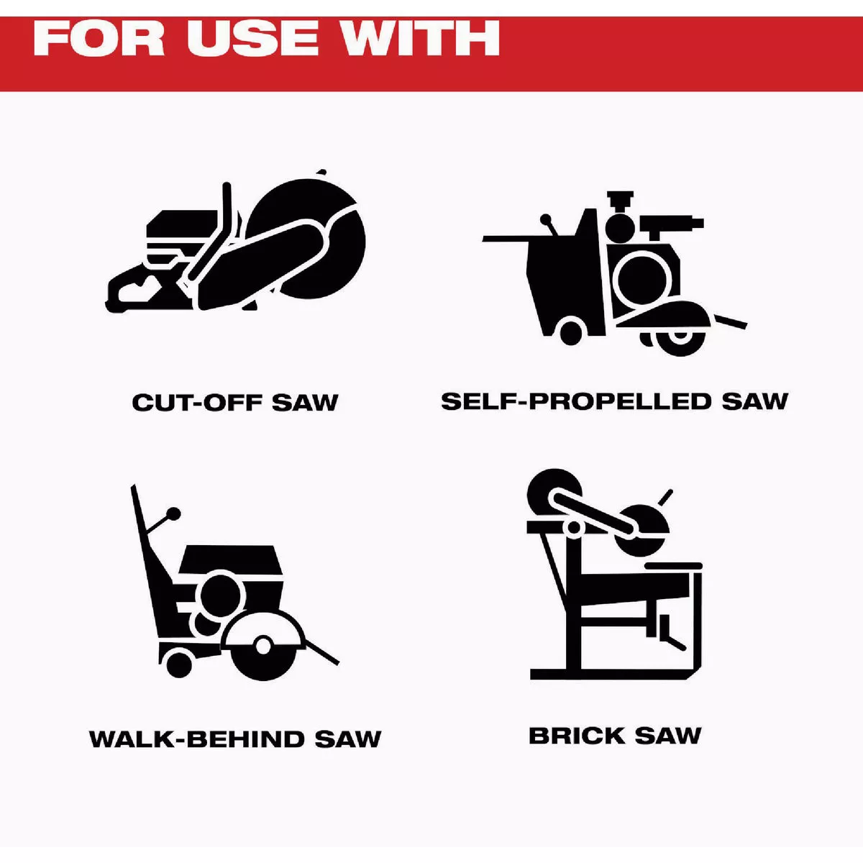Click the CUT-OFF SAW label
tap(234, 402)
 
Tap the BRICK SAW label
tap(614, 736)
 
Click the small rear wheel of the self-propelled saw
tap(570, 331)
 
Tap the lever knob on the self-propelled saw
tap(546, 220)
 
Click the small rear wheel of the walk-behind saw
tap(178, 663)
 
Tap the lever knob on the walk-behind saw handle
tap(174, 513)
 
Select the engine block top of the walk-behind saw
tap(230, 559)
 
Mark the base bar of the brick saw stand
tap(613, 674)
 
